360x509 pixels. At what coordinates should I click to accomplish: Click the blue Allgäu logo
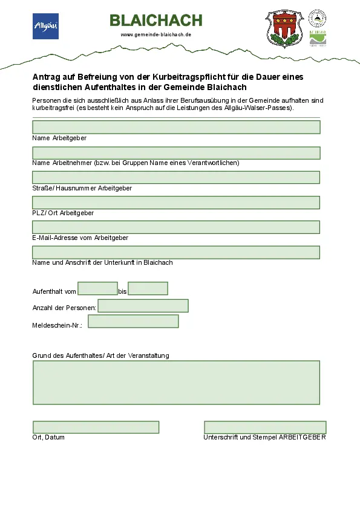click(45, 26)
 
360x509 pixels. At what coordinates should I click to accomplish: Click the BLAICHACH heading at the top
click(156, 21)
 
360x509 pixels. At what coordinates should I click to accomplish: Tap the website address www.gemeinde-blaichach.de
click(156, 35)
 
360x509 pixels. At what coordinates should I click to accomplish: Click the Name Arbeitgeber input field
click(176, 127)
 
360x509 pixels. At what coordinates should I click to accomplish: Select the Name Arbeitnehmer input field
click(176, 152)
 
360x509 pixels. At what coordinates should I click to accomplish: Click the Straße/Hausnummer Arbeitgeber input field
click(176, 177)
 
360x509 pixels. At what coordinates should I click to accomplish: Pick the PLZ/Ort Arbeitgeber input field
click(176, 203)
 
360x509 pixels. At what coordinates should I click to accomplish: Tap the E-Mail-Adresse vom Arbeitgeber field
click(176, 227)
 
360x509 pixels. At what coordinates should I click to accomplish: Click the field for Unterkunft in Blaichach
click(176, 252)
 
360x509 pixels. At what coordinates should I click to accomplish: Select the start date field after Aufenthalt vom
click(97, 289)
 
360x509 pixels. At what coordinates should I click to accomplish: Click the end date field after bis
click(148, 289)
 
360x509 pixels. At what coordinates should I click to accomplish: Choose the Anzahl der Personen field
click(143, 306)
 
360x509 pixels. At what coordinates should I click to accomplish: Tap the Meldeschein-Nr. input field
click(133, 322)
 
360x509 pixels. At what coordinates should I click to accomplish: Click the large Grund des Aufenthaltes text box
click(176, 383)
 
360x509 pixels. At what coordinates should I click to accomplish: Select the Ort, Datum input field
click(96, 427)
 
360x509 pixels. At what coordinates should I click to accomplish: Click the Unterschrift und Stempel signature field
click(265, 427)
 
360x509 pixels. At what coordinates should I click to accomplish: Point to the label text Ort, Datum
click(48, 437)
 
